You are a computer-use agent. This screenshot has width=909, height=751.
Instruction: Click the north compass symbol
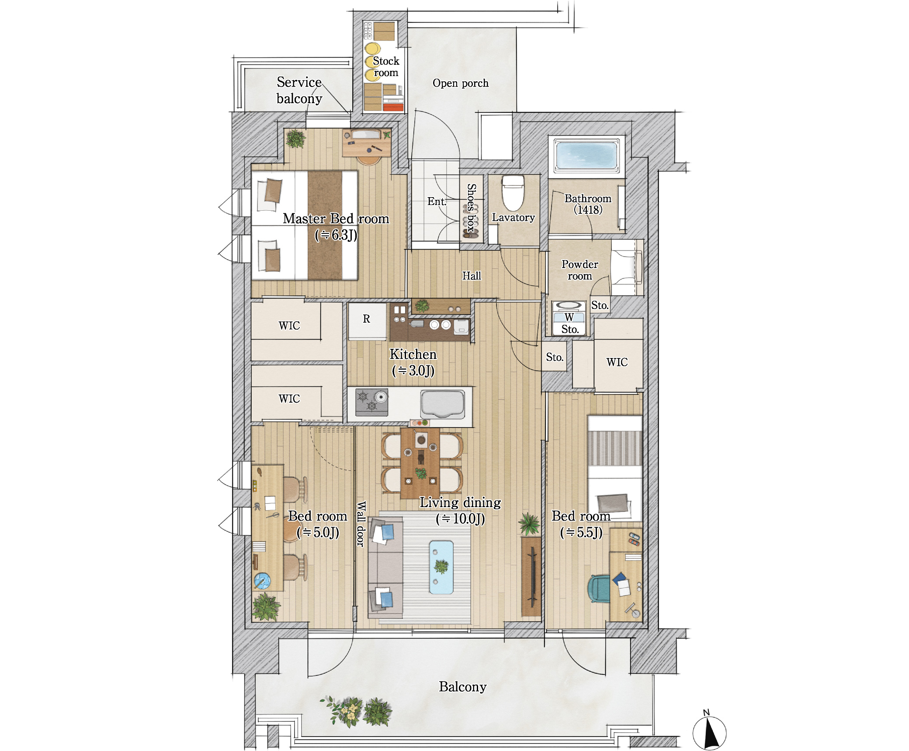click(709, 732)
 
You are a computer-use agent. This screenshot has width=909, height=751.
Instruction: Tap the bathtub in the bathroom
click(586, 156)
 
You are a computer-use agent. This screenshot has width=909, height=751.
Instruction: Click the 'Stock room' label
click(386, 67)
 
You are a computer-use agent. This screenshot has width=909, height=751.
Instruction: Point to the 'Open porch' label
click(461, 83)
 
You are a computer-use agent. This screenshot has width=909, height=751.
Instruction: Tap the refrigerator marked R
click(367, 321)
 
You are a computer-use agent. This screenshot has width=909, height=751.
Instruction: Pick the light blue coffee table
click(441, 567)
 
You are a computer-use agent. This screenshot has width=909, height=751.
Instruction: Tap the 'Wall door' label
click(361, 524)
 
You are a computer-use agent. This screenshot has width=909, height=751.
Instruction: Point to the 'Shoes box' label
click(471, 208)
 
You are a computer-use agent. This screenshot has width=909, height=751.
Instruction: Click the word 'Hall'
click(472, 276)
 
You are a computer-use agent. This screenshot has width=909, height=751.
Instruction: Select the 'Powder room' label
click(579, 270)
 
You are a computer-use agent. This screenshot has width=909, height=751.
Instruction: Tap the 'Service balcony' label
click(299, 90)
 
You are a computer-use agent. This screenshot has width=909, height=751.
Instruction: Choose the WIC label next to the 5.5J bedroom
click(617, 362)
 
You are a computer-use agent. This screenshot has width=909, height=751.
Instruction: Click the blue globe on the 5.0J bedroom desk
click(263, 581)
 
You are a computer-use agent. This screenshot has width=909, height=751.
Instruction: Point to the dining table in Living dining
click(420, 463)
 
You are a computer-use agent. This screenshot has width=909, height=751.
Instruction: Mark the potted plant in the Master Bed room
click(296, 139)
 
